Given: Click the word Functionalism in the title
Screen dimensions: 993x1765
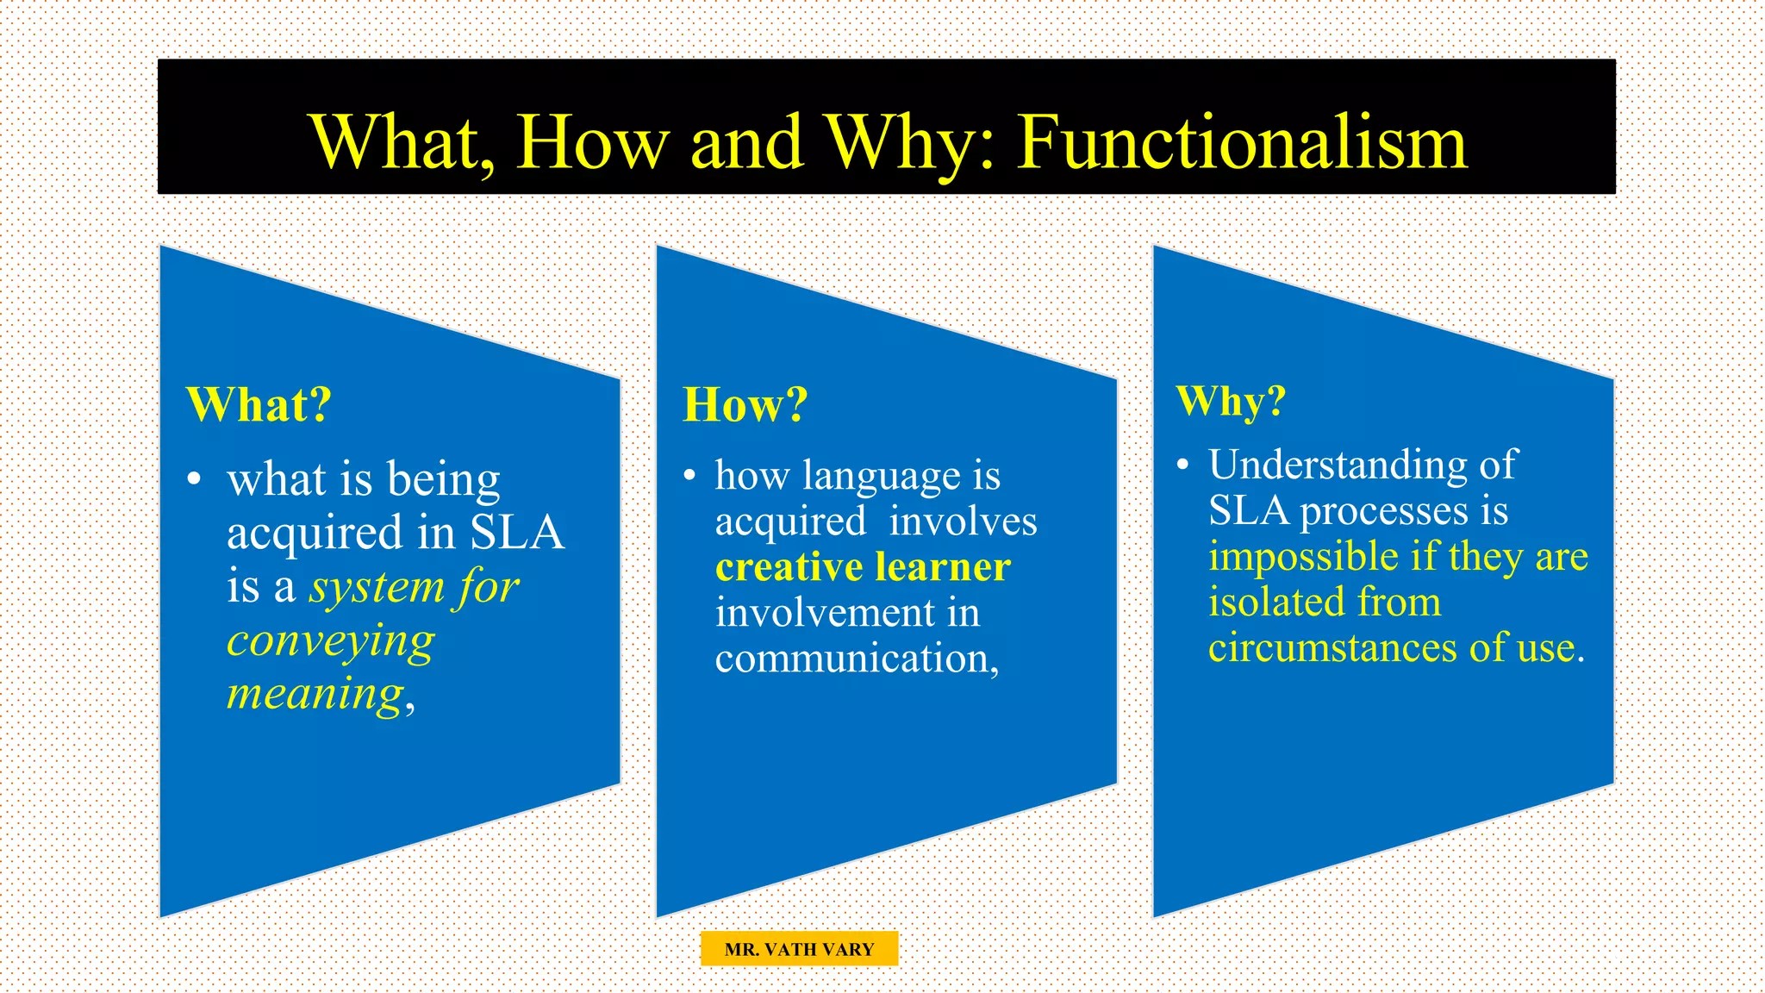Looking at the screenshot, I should (1242, 142).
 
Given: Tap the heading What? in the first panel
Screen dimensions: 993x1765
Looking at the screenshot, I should (259, 404).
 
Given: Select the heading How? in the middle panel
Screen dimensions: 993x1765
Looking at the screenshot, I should (745, 404).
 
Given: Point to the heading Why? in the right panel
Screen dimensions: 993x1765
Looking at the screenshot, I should (1231, 401).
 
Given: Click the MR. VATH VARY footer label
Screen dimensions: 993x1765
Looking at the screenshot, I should (799, 949).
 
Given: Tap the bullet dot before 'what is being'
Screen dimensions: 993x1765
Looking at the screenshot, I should (195, 479).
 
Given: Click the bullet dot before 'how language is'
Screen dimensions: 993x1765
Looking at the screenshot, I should (689, 476).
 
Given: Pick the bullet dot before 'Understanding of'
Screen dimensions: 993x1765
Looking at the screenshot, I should (1182, 465).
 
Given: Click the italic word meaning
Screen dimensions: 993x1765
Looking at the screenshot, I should (315, 695).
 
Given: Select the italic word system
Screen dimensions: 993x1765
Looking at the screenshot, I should (377, 588).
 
